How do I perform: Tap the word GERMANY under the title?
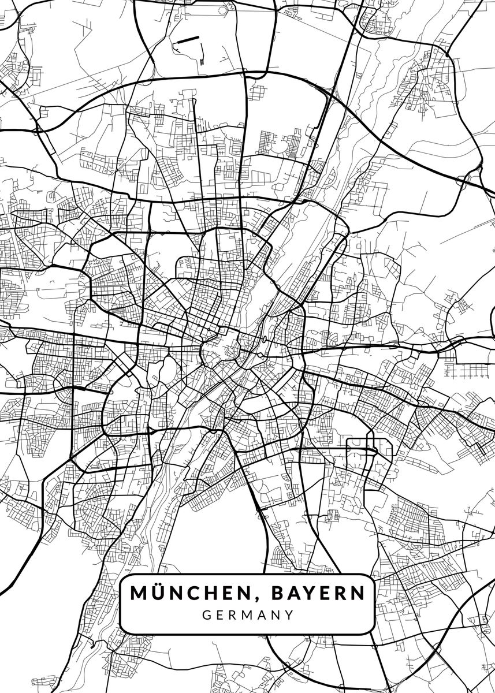coord(248,614)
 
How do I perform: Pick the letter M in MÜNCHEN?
coord(139,593)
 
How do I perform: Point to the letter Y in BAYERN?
coord(310,593)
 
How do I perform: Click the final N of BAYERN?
coord(359,593)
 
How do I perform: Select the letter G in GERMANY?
coord(206,614)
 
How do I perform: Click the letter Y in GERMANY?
coord(290,614)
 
